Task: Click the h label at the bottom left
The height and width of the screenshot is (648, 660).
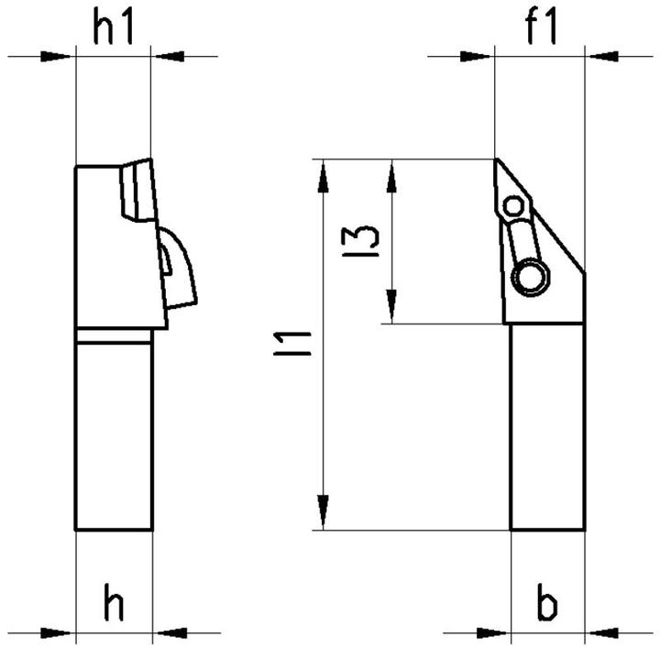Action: (x=114, y=604)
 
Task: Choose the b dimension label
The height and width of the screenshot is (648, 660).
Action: (x=546, y=604)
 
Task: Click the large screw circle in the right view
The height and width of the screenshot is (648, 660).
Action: (x=529, y=278)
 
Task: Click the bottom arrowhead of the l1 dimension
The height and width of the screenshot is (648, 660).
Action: (x=323, y=512)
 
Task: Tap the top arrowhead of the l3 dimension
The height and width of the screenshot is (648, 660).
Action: (x=391, y=176)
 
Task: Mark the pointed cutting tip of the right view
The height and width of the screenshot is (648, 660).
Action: (x=497, y=161)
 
